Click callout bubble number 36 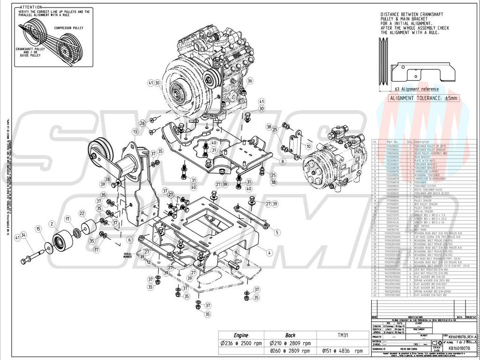click(250, 81)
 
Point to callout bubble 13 click(135, 132)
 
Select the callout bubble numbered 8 click(283, 161)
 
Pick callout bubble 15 click(38, 228)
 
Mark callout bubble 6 click(128, 240)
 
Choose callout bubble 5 click(277, 232)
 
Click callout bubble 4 click(270, 252)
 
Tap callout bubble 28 click(107, 180)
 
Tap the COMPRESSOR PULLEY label click(68, 29)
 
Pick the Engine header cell click(240, 335)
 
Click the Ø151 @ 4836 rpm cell click(342, 350)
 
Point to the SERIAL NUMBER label click(130, 255)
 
